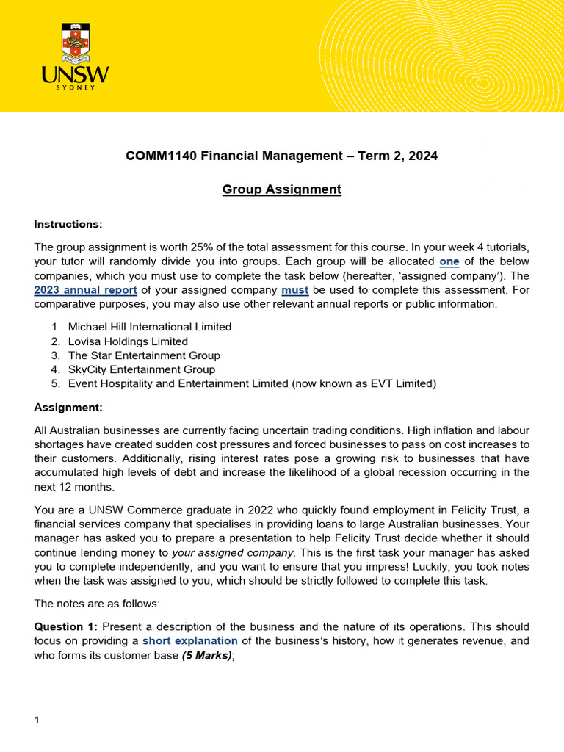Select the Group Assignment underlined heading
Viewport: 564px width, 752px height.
tap(282, 189)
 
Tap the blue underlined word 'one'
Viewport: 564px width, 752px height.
tap(449, 261)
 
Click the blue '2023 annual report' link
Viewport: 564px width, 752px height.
tap(86, 289)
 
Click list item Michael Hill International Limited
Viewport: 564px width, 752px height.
tap(149, 327)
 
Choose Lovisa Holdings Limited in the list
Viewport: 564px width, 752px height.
tap(128, 341)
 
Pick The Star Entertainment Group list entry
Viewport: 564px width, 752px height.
tap(144, 355)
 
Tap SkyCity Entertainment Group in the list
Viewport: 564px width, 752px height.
tap(142, 369)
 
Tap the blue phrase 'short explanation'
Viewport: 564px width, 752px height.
tap(189, 640)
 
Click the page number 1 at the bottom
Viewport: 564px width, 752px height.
tap(37, 720)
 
